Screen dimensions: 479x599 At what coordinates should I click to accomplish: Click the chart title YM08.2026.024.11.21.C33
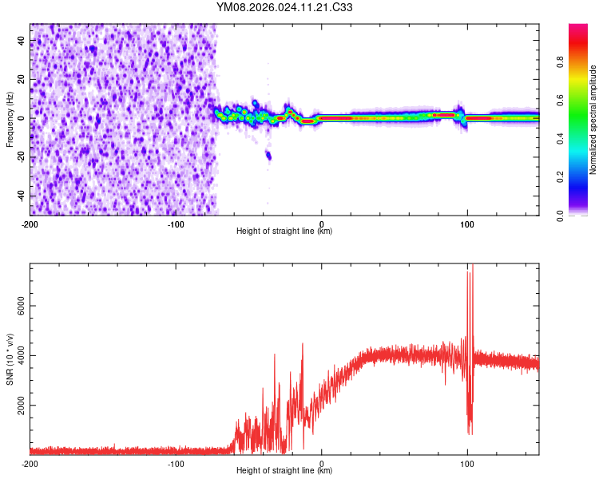coord(284,8)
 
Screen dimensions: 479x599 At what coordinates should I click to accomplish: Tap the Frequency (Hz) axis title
coord(10,120)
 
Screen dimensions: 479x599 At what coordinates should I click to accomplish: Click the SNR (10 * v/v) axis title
coord(10,359)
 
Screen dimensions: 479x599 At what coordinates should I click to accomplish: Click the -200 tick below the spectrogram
coord(30,223)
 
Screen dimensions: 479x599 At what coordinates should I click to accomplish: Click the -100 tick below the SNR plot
coord(176,463)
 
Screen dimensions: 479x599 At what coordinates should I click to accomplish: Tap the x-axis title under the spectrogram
coord(284,232)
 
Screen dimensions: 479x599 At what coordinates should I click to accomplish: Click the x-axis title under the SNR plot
coord(284,471)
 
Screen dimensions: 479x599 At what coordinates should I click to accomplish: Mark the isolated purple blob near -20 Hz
coord(268,156)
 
